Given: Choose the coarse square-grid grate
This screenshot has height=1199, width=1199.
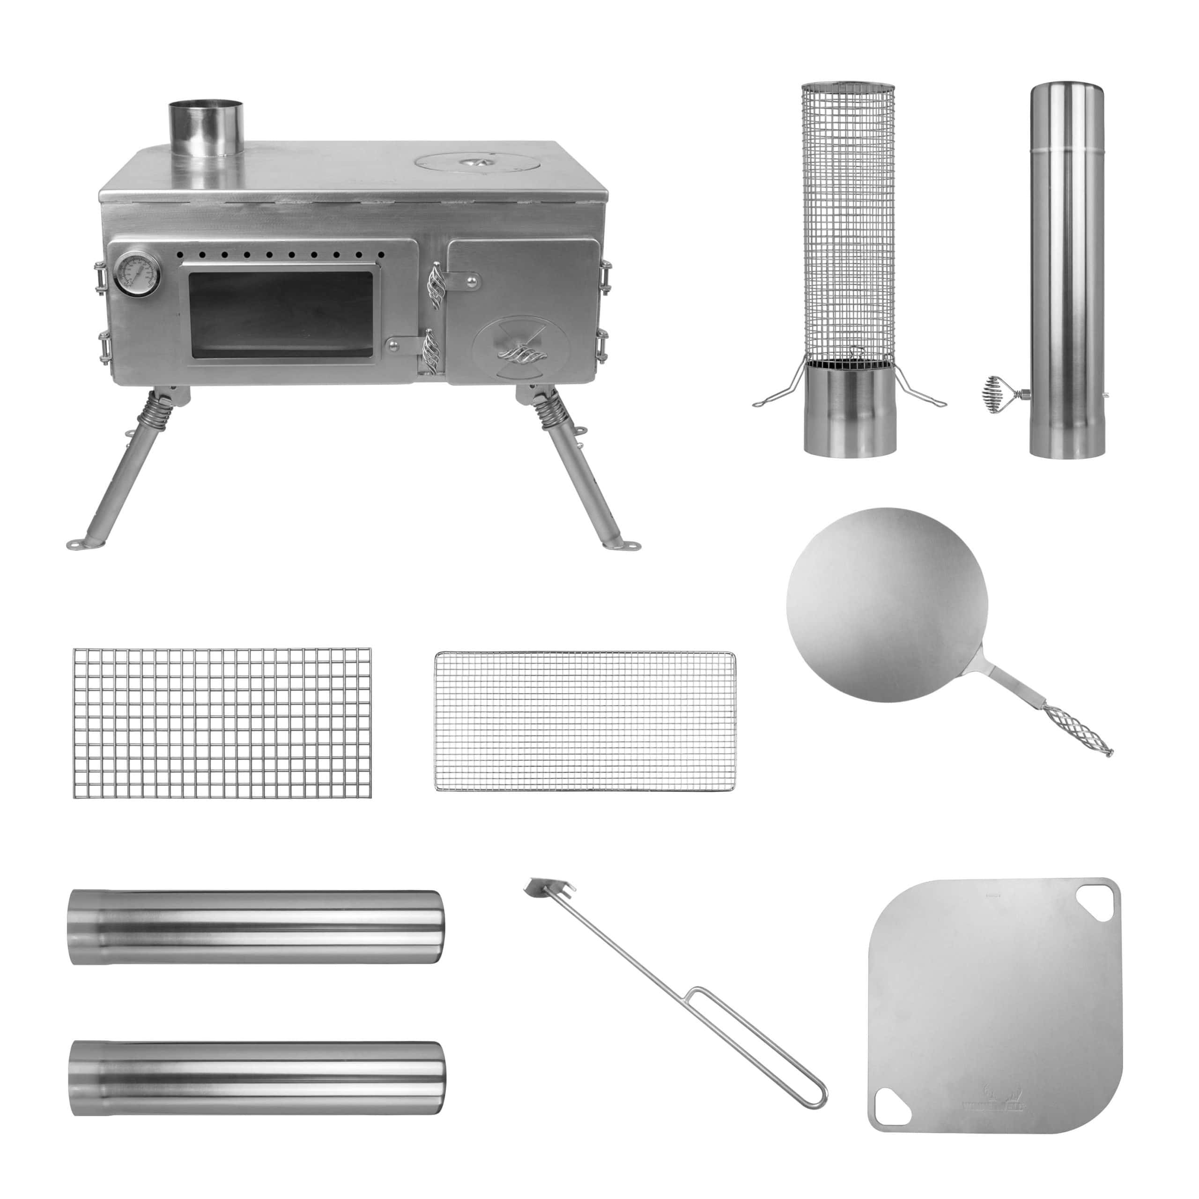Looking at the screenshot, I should [x=222, y=723].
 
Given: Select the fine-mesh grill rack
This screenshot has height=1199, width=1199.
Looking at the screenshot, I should [x=585, y=721].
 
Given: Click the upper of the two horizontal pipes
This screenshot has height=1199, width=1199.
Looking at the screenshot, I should [x=256, y=926].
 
